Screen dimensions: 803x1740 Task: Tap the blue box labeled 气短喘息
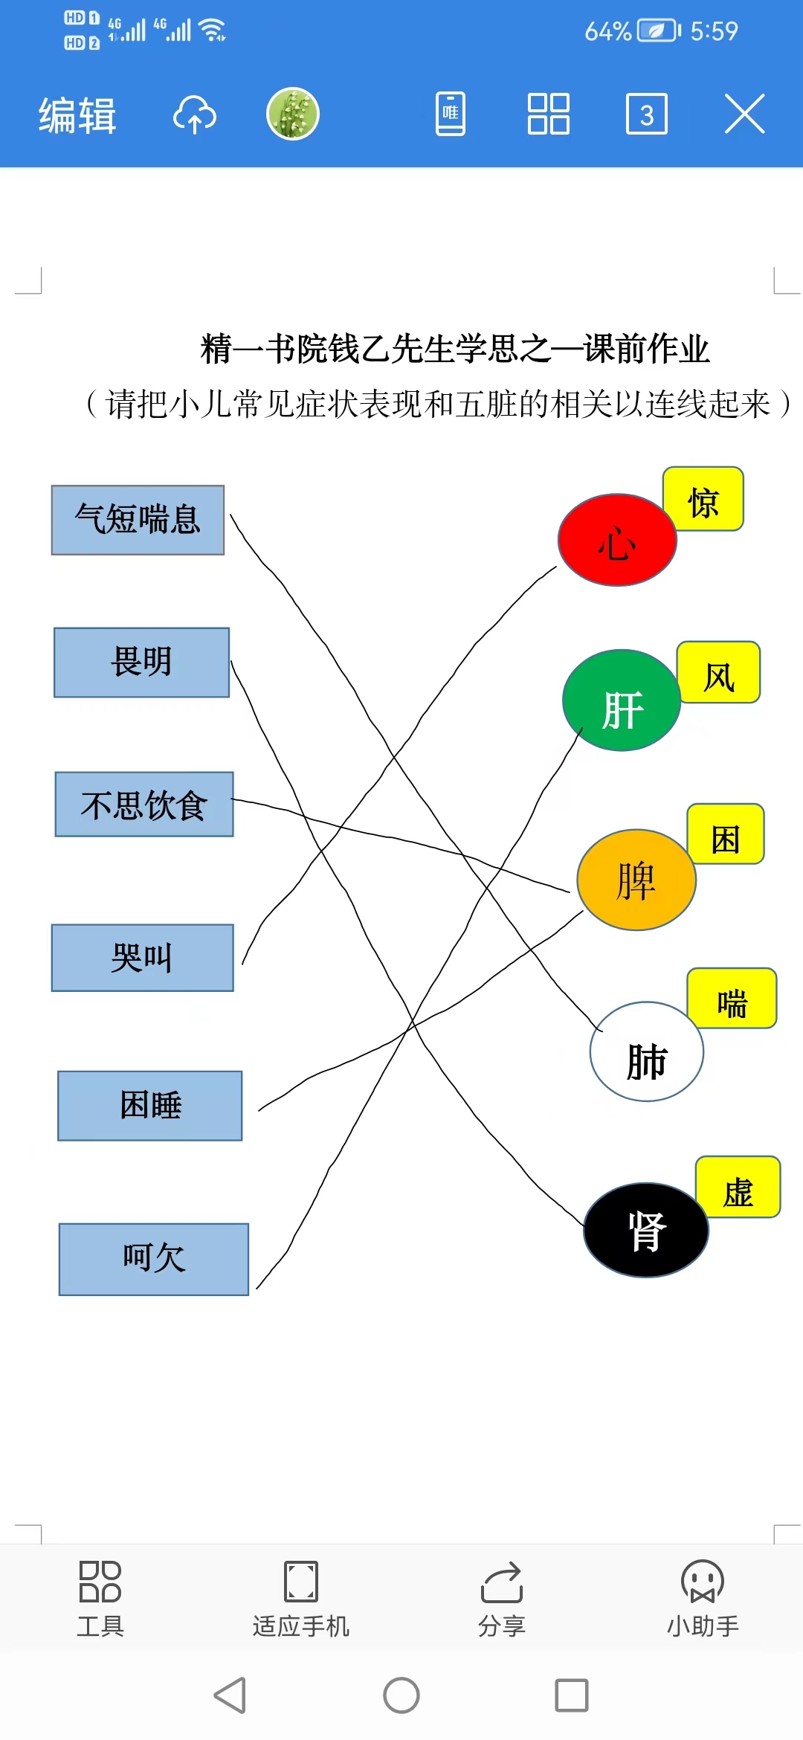pos(138,520)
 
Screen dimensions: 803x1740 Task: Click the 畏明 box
pos(141,663)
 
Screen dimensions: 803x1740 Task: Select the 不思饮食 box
pos(144,805)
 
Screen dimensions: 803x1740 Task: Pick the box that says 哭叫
pos(142,958)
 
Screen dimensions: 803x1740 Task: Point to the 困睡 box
pos(150,1106)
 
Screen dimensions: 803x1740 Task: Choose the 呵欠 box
pos(154,1259)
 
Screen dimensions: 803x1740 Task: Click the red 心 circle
pos(617,540)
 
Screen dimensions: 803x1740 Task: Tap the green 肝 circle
pos(622,700)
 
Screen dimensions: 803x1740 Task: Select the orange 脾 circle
pos(636,880)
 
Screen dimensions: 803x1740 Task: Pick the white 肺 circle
pos(647,1051)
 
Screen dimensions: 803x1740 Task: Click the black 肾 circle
pos(646,1230)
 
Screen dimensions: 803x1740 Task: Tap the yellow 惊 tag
pos(703,499)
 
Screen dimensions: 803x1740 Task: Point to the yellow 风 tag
pos(718,672)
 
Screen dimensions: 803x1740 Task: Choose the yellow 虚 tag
pos(738,1187)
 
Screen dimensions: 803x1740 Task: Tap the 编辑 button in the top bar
pos(77,115)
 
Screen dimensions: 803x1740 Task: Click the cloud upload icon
pos(195,115)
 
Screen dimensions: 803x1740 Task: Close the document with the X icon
pos(745,114)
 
